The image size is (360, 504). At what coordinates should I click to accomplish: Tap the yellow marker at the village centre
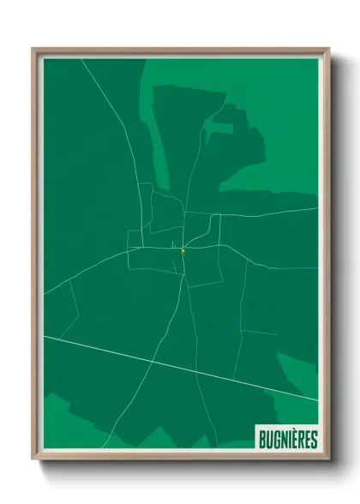point(183,251)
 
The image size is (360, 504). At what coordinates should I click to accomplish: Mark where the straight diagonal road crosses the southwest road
point(152,360)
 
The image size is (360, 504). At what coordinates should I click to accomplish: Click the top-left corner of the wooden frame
point(33,49)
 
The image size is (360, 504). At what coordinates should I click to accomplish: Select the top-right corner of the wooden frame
point(329,49)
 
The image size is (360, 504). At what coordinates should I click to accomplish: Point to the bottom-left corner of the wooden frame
point(33,459)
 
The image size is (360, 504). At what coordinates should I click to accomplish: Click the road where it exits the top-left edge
point(80,59)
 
